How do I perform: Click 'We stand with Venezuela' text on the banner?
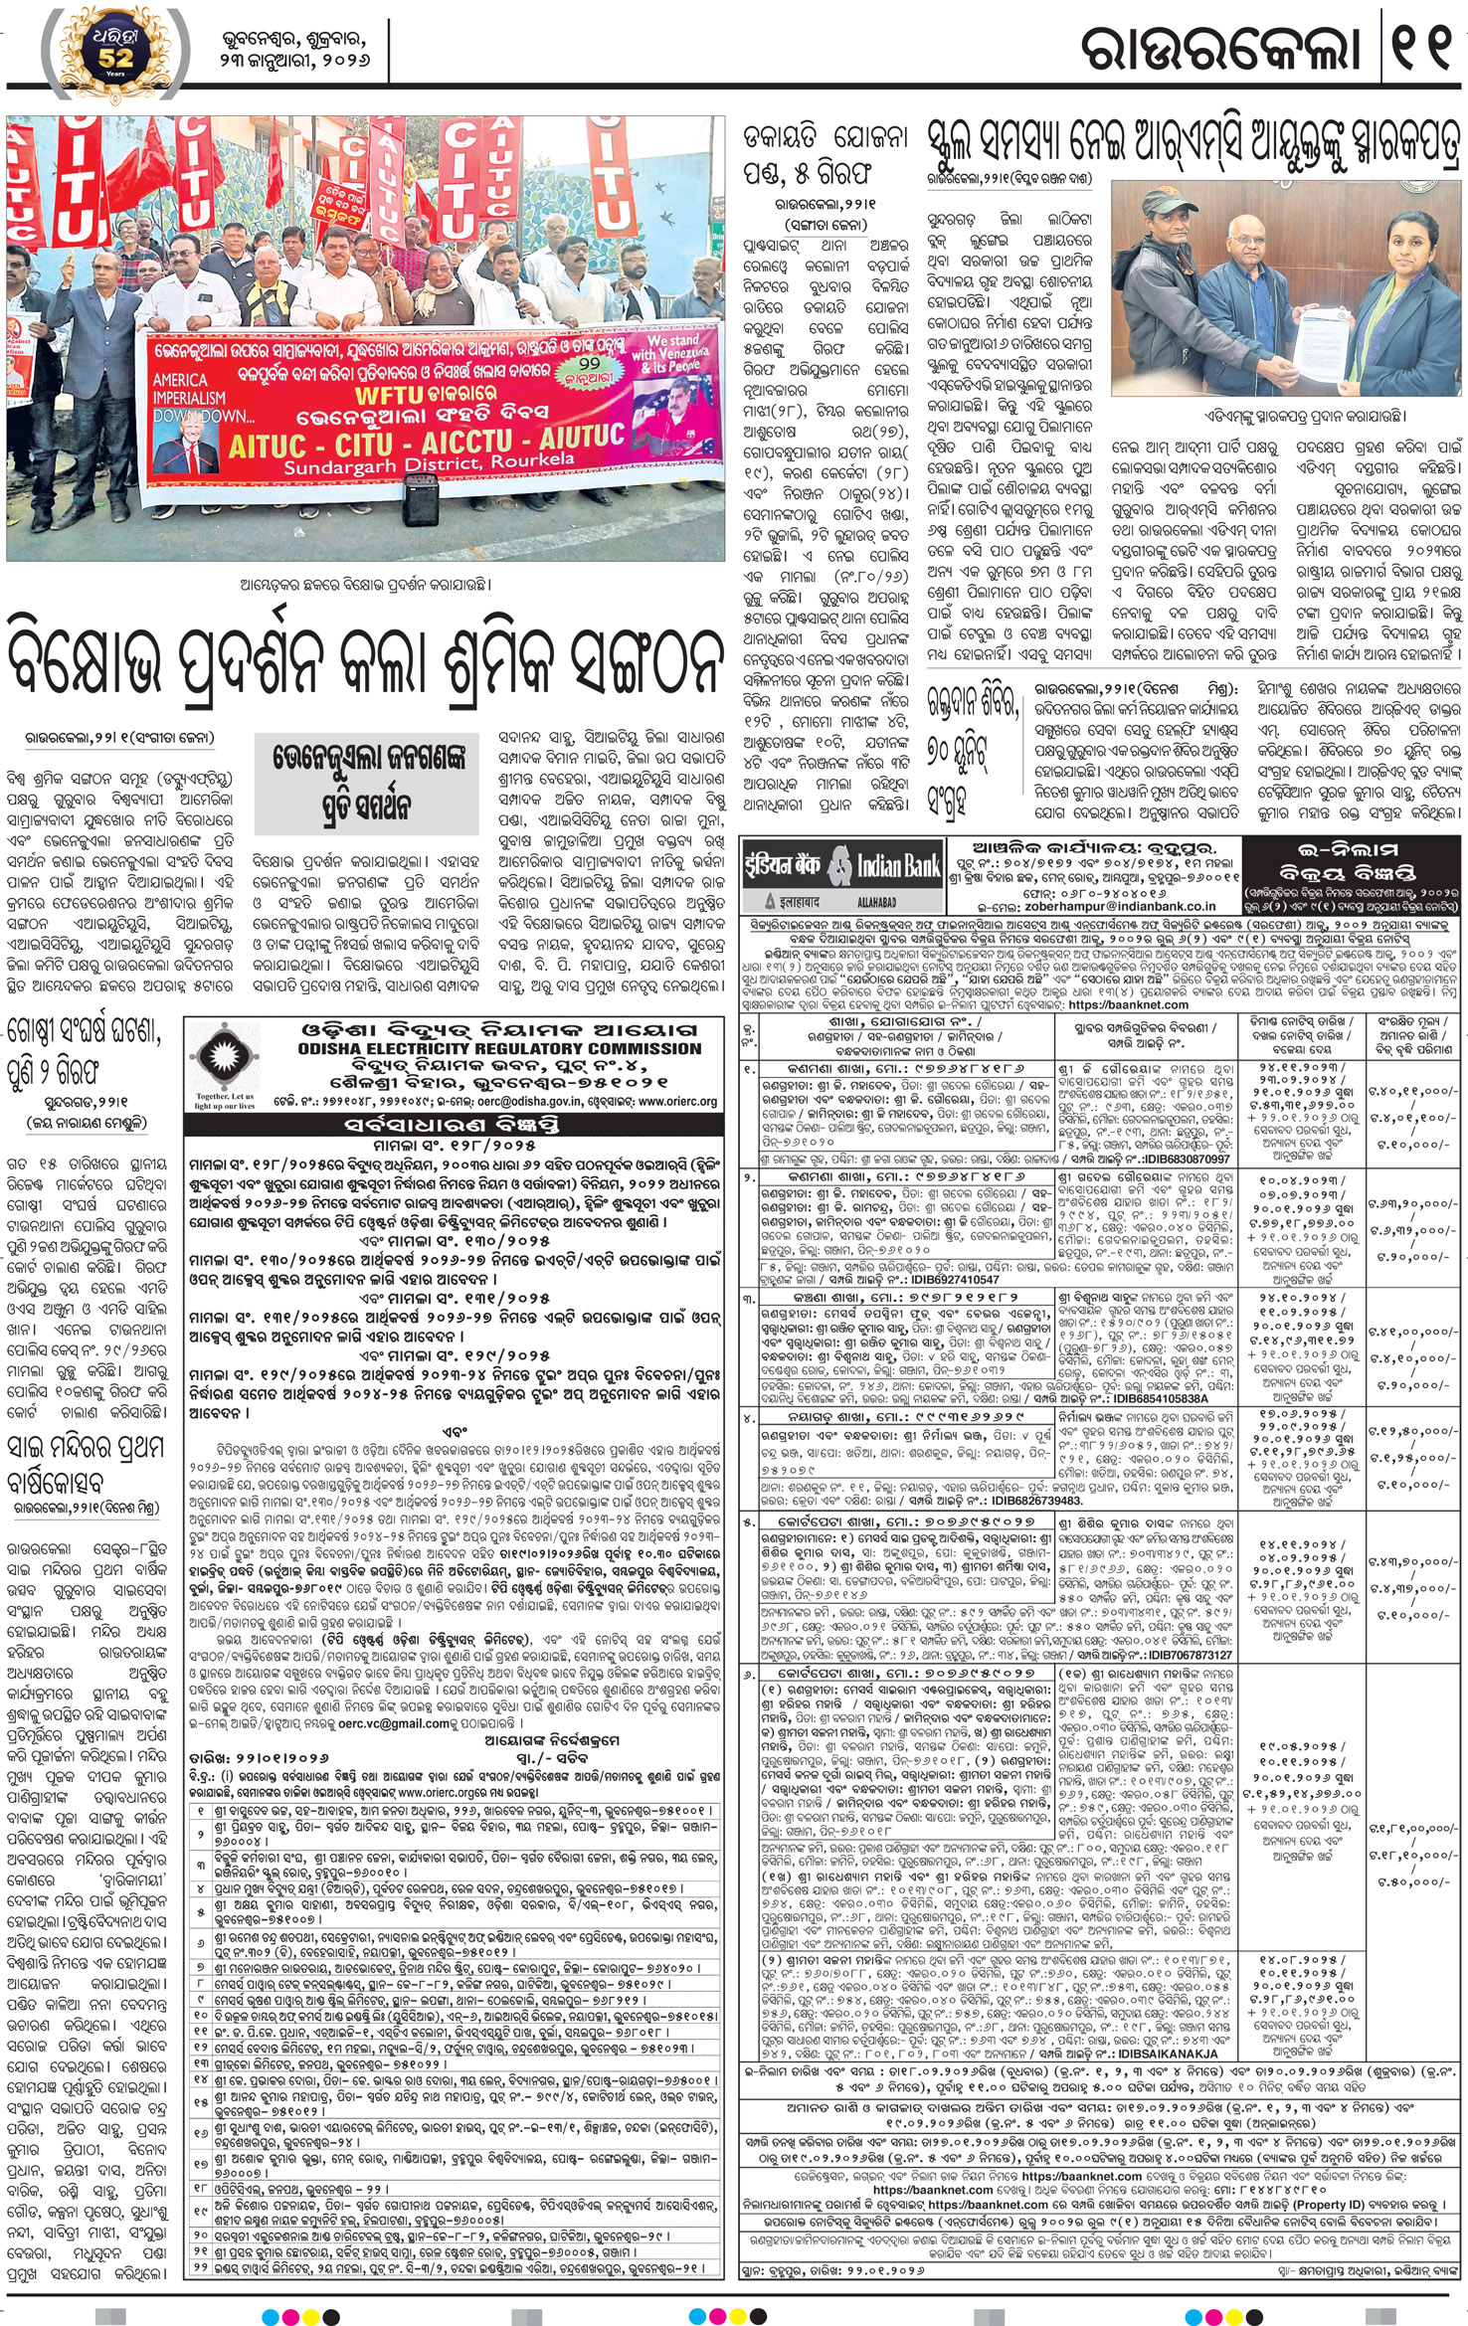coord(672,353)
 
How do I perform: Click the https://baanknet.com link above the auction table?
coord(1145,1005)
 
